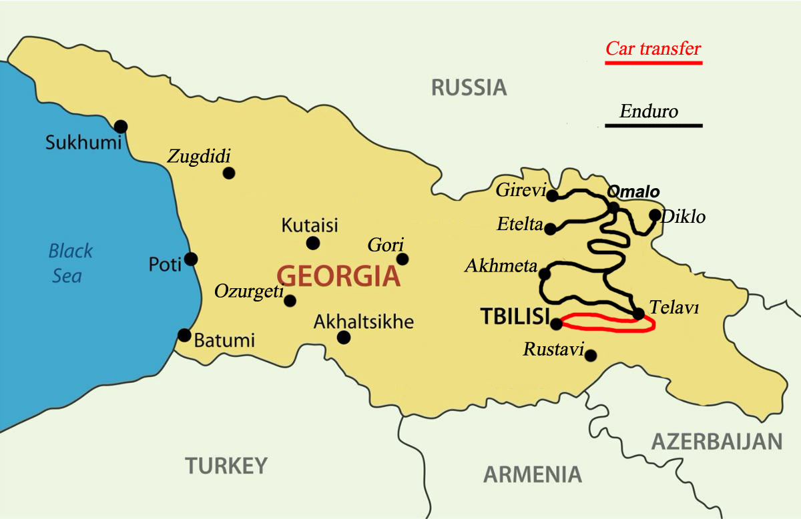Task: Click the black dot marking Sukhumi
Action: [121, 126]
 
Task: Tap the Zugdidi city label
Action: [198, 157]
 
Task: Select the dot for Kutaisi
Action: [312, 243]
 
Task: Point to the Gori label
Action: [386, 245]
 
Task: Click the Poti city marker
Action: [191, 259]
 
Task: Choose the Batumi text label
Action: [224, 341]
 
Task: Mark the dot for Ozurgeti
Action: [290, 300]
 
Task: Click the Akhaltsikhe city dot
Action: [344, 338]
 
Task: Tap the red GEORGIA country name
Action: [338, 276]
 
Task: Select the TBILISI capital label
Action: [515, 317]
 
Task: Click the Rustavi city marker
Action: [591, 356]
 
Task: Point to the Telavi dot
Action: [638, 314]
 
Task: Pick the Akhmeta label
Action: [501, 267]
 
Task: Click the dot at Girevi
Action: [552, 195]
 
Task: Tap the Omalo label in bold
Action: [633, 192]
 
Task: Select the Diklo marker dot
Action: [655, 215]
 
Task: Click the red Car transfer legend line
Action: [653, 63]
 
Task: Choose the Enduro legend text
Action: [648, 111]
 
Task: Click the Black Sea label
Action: [70, 262]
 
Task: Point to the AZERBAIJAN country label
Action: [716, 442]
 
